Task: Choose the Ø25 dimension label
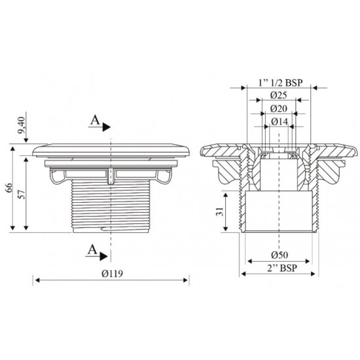pos(273,96)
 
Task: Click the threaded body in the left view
pos(112,203)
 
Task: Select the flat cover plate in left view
pos(112,149)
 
